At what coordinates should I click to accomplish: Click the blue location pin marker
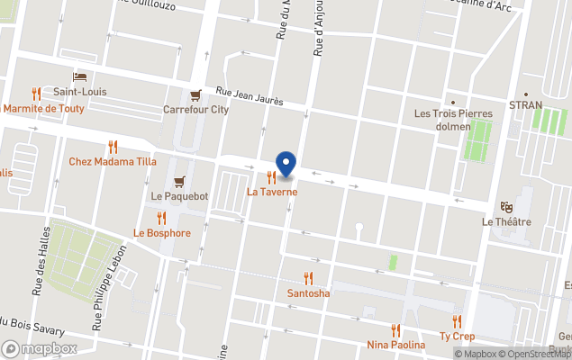point(286,164)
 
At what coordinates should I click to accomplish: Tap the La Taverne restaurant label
point(272,192)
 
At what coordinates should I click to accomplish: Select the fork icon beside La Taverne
point(271,177)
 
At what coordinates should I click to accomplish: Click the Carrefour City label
point(195,110)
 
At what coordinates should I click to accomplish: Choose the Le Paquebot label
point(179,195)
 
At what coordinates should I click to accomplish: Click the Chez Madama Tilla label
point(113,162)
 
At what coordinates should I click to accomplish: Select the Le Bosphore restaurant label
point(162,233)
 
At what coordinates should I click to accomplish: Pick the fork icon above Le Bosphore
point(161,218)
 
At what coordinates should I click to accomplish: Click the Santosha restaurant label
point(308,293)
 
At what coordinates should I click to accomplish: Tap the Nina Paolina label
point(395,345)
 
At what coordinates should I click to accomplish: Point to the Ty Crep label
point(457,337)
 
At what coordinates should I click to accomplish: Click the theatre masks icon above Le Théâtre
point(505,207)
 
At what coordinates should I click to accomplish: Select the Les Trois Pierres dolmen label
point(453,120)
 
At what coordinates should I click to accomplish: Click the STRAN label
point(526,105)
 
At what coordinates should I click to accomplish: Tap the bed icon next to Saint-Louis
point(80,77)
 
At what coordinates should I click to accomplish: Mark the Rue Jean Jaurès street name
point(250,94)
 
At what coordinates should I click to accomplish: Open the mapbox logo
point(41,348)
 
